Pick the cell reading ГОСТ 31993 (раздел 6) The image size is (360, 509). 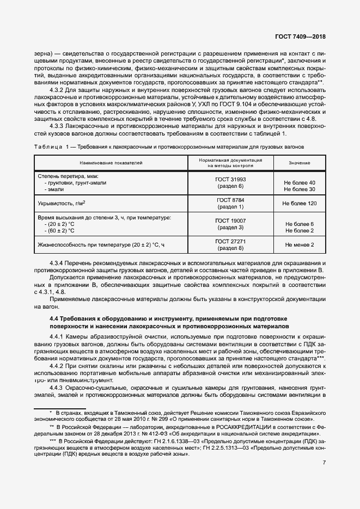tap(230, 182)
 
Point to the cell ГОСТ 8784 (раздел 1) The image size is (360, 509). tap(230, 203)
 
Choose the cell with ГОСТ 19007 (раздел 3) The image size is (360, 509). tap(230, 223)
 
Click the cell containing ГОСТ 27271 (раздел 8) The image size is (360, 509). tap(230, 244)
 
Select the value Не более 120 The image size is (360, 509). tap(299, 203)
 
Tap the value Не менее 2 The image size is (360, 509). tap(299, 244)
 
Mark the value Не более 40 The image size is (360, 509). tap(300, 182)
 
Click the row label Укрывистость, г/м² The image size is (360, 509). tap(62, 203)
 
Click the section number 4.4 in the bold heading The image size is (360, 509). tap(54, 318)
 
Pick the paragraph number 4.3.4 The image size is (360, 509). tap(58, 263)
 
